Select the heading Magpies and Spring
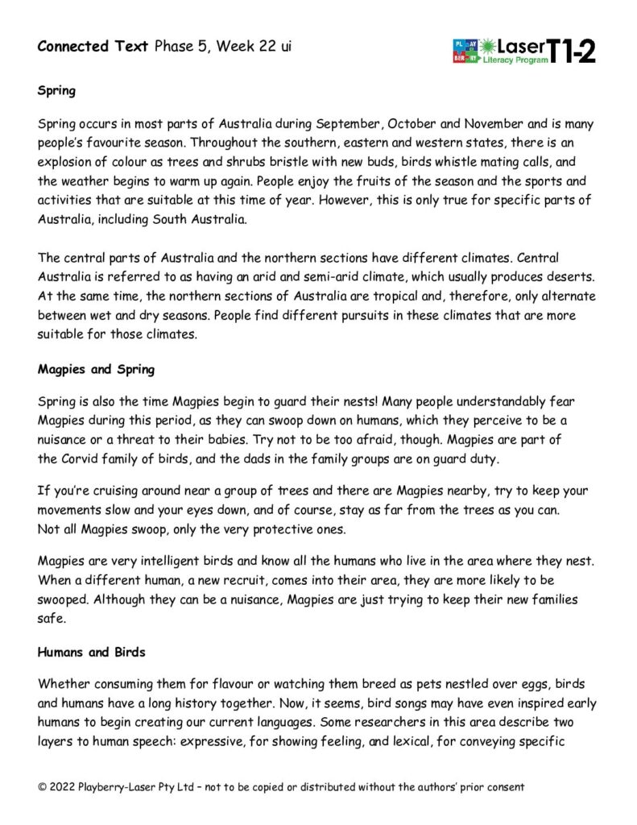[x=96, y=370]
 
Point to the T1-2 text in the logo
[x=572, y=50]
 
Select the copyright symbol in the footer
[x=43, y=786]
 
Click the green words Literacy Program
[x=515, y=60]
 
